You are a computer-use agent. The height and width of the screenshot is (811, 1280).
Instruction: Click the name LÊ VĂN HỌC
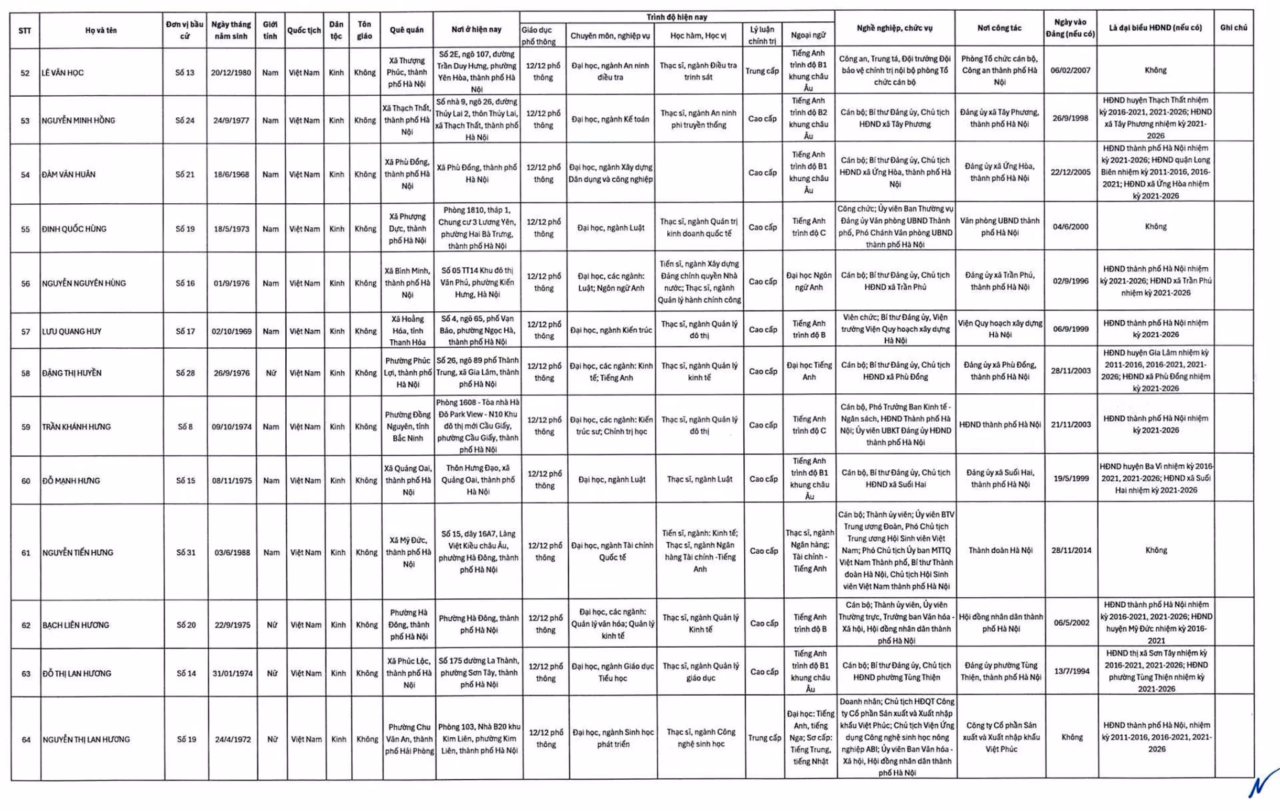tap(63, 73)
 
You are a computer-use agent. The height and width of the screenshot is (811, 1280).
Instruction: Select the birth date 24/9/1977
tap(231, 121)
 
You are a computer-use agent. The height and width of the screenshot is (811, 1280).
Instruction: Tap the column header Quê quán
tap(407, 30)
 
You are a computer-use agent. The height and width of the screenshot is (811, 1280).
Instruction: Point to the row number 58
tap(25, 373)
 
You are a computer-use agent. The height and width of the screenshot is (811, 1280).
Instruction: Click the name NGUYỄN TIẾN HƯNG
tap(78, 552)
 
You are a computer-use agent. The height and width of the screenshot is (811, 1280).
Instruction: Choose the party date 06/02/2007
tap(1071, 70)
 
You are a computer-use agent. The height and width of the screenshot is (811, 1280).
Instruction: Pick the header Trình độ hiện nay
tap(677, 17)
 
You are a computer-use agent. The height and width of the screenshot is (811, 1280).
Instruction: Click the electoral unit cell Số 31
tap(186, 552)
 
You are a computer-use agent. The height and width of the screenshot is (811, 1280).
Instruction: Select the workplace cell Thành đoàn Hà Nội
tap(1000, 550)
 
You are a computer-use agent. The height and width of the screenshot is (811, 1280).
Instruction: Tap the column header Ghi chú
tap(1233, 28)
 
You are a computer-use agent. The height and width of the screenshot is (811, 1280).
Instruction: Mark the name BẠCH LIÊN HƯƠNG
tap(76, 625)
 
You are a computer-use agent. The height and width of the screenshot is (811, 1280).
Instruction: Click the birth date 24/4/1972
tap(233, 739)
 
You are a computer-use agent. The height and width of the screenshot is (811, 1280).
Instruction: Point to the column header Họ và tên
tap(101, 30)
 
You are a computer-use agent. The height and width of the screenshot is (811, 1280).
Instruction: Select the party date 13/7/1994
tap(1072, 671)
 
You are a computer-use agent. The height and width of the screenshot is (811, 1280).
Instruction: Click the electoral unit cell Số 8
tap(185, 426)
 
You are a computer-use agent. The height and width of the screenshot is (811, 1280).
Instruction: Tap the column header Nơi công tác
tap(999, 28)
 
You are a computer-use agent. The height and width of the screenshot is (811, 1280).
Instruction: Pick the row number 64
tap(26, 740)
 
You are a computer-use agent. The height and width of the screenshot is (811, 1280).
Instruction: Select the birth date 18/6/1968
tap(231, 175)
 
